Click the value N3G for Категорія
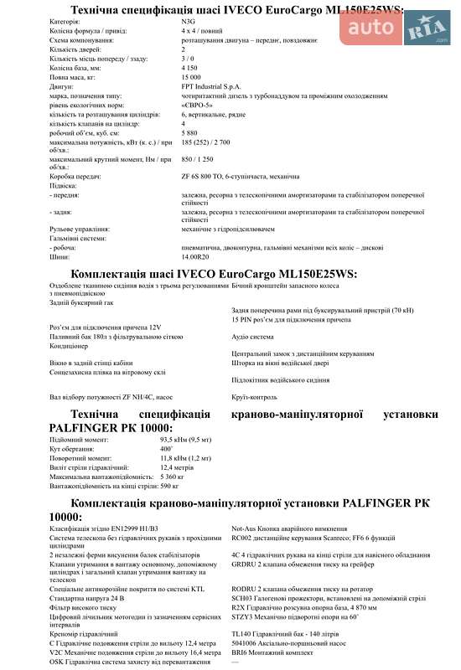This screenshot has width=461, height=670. (189, 21)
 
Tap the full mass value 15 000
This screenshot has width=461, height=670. (193, 76)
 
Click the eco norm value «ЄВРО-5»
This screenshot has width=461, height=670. (199, 105)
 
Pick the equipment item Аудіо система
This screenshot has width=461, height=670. (251, 336)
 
